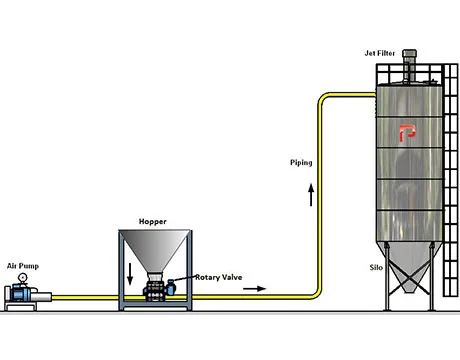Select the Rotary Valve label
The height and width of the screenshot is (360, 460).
[x=217, y=276]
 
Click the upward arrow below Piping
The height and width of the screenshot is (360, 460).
[x=310, y=193]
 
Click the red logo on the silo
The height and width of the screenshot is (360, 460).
[x=406, y=132]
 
